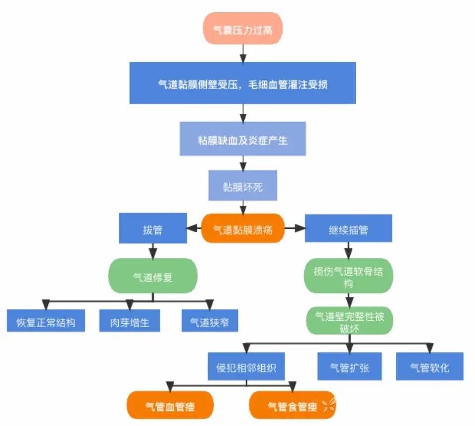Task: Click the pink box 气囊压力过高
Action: pyautogui.click(x=242, y=28)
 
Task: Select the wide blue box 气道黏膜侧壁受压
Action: pyautogui.click(x=242, y=84)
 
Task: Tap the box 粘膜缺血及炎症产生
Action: pyautogui.click(x=242, y=139)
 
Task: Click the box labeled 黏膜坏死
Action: pyautogui.click(x=242, y=186)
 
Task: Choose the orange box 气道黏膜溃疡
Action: pyautogui.click(x=242, y=229)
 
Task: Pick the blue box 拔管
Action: pyautogui.click(x=152, y=229)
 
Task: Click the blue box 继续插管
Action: pyautogui.click(x=348, y=229)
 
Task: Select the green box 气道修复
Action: pyautogui.click(x=152, y=276)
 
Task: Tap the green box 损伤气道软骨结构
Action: pyautogui.click(x=348, y=276)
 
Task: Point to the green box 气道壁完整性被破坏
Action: pyautogui.click(x=348, y=321)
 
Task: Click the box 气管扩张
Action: pyautogui.click(x=349, y=367)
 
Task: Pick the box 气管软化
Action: pyautogui.click(x=429, y=367)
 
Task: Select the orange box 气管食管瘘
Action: pyautogui.click(x=292, y=405)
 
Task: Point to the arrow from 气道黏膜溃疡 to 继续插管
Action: pyautogui.click(x=294, y=229)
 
